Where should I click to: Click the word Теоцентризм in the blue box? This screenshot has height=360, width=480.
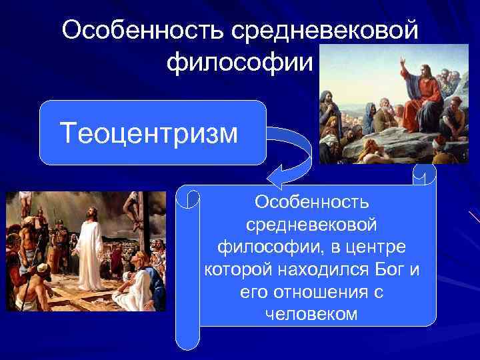(148, 132)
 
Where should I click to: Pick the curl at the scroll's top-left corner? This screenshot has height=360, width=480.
(191, 199)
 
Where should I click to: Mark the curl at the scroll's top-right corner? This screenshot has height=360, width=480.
(423, 175)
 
